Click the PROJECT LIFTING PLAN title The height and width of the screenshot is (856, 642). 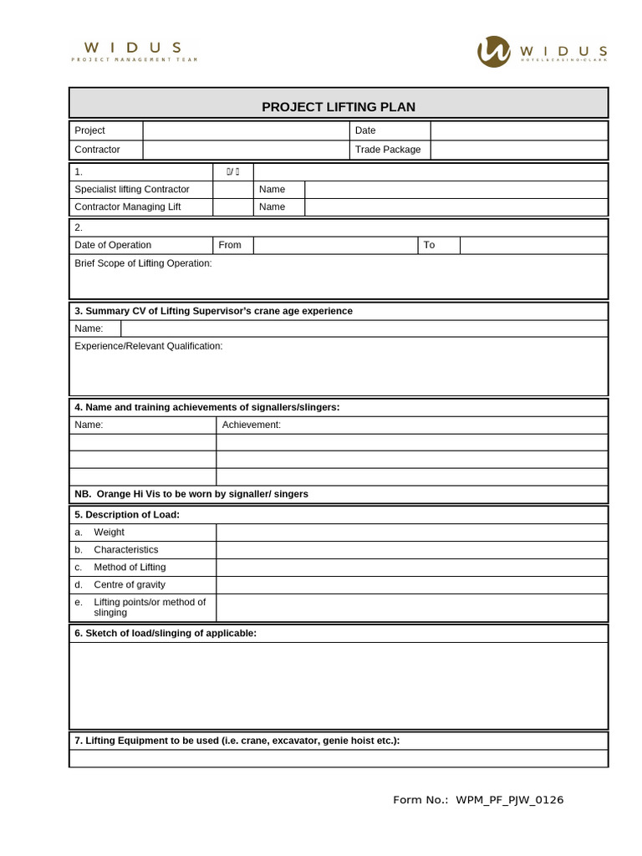coord(338,107)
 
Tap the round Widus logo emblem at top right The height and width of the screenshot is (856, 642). coord(493,51)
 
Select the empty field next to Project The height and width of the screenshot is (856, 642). coord(245,130)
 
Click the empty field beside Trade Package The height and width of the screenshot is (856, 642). coord(518,150)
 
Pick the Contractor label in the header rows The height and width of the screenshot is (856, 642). coord(97,150)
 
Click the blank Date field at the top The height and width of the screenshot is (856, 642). coord(518,130)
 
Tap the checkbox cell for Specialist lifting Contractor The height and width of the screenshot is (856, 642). coord(232,189)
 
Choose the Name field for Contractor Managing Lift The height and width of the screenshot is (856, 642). coord(456,206)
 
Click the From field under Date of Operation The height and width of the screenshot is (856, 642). coord(334,245)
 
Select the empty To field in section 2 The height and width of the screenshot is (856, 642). coord(533,245)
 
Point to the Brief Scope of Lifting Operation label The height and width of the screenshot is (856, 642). coord(143,263)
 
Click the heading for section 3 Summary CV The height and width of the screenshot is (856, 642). coord(213,311)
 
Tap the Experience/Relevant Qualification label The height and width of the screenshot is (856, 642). coord(149,346)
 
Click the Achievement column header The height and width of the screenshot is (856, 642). coord(251,425)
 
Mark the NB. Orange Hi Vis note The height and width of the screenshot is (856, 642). coord(191,494)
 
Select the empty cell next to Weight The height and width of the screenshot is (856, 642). coord(411,532)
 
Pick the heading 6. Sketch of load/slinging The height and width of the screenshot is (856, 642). coord(166,633)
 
